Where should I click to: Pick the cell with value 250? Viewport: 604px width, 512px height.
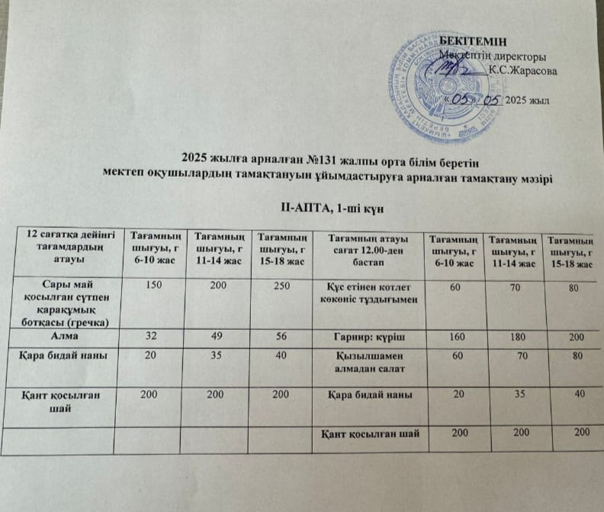(281, 285)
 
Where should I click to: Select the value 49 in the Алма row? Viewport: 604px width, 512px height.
(217, 334)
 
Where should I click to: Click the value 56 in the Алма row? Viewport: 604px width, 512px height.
(281, 334)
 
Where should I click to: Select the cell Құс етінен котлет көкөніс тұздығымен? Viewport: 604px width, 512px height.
(370, 294)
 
